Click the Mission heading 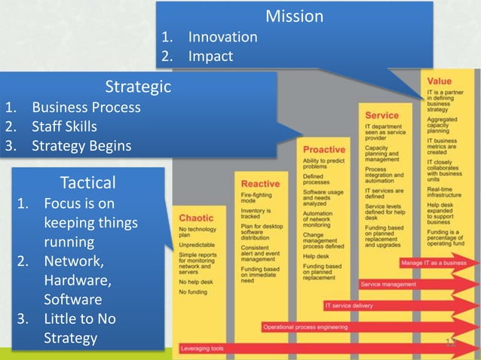(x=294, y=16)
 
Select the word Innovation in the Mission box (x=222, y=37)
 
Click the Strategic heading (x=138, y=87)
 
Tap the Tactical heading (x=87, y=182)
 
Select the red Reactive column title (x=260, y=184)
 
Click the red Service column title (x=381, y=115)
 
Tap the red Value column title (x=440, y=81)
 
